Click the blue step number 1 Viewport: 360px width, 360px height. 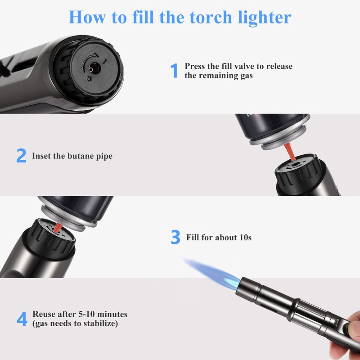pyautogui.click(x=174, y=71)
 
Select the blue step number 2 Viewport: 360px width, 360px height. pyautogui.click(x=21, y=156)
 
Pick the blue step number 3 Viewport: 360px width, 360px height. pyautogui.click(x=175, y=237)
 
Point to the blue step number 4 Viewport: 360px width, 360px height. pyautogui.click(x=22, y=319)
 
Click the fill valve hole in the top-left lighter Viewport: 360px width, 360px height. pyautogui.click(x=92, y=68)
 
